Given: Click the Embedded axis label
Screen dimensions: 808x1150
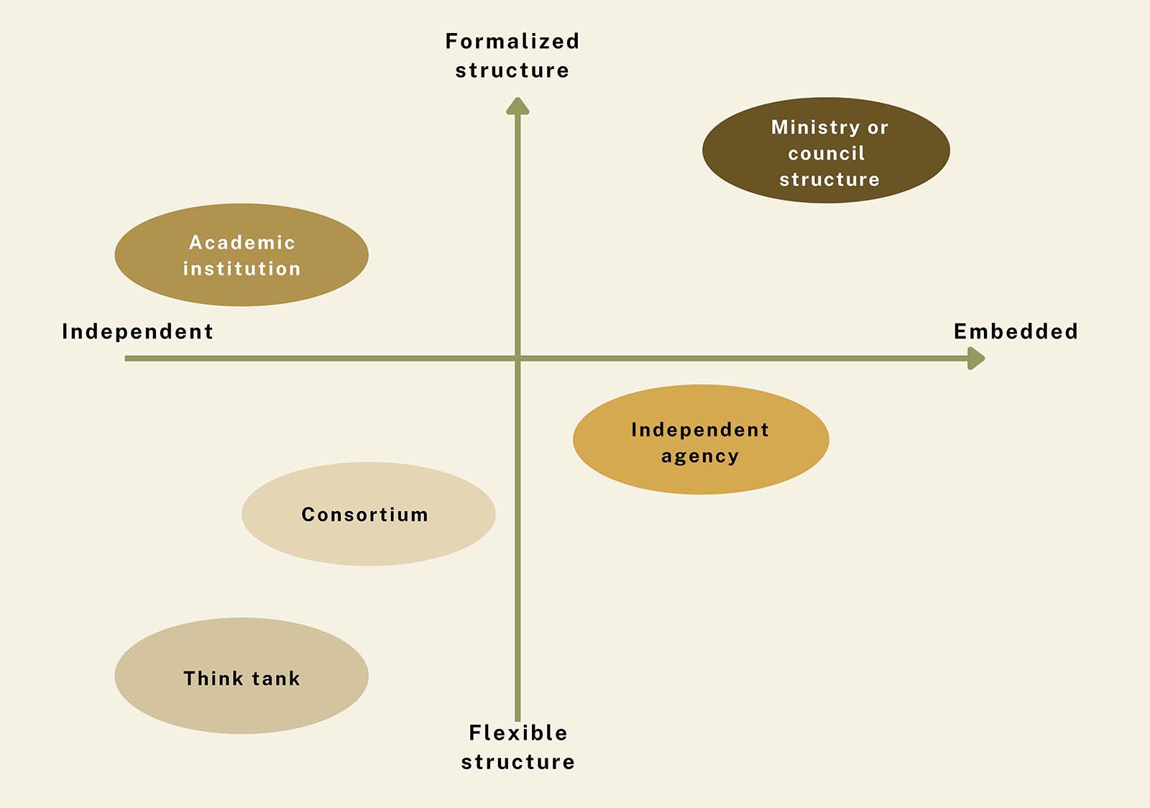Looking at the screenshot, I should (1016, 331).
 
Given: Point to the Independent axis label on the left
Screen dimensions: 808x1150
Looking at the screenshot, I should (137, 331).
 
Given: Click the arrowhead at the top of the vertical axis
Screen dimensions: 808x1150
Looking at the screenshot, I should (517, 107).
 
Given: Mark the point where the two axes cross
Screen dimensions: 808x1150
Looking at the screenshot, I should (517, 358).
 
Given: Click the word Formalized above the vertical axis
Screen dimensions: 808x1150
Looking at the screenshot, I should (512, 42).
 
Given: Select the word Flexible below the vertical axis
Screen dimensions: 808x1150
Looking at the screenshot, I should (518, 733).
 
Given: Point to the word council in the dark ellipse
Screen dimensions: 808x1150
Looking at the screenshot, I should (827, 153).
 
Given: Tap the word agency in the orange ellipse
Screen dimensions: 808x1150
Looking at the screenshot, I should (700, 456).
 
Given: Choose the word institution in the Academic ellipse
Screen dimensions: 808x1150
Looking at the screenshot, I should (241, 268).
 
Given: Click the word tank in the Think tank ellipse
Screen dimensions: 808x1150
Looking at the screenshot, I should (276, 678).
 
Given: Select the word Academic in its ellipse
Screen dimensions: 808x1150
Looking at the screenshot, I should (242, 242).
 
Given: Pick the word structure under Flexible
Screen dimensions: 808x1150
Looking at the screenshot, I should (518, 762).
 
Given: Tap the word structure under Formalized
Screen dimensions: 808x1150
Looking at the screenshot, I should (512, 70).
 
